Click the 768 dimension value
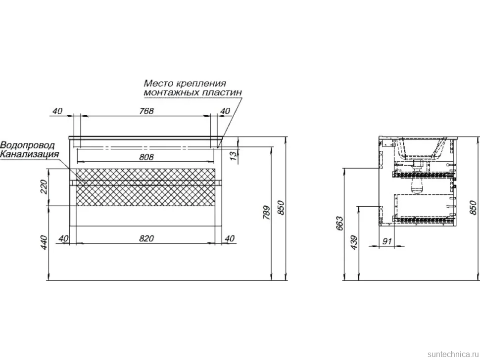point(146,111)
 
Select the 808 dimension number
point(146,157)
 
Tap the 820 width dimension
point(146,238)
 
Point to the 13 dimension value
point(234,156)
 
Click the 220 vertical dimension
point(44,187)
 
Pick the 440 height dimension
point(44,242)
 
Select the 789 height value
point(267,213)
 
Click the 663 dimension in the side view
point(339,224)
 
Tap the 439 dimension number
point(354,242)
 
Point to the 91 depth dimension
point(387,241)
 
